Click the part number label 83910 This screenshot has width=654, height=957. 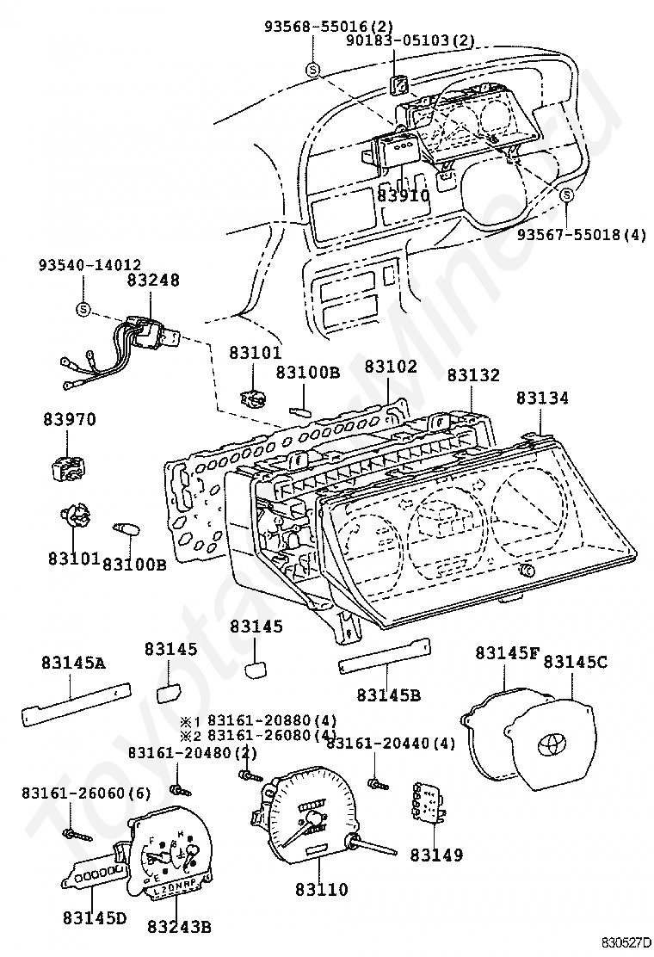[403, 195]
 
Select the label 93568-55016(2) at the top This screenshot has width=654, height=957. [328, 26]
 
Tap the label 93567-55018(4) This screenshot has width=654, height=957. [582, 234]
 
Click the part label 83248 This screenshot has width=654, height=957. [153, 281]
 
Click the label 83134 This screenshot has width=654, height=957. [542, 398]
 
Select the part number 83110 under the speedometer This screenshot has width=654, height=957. [322, 889]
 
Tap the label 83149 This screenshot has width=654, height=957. [436, 855]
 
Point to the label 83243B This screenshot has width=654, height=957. [179, 927]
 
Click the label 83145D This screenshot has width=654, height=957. [95, 917]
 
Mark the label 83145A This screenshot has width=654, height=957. [74, 663]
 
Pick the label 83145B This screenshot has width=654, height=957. [389, 695]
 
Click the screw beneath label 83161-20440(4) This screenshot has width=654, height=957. [378, 784]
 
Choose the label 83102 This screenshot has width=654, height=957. [391, 367]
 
